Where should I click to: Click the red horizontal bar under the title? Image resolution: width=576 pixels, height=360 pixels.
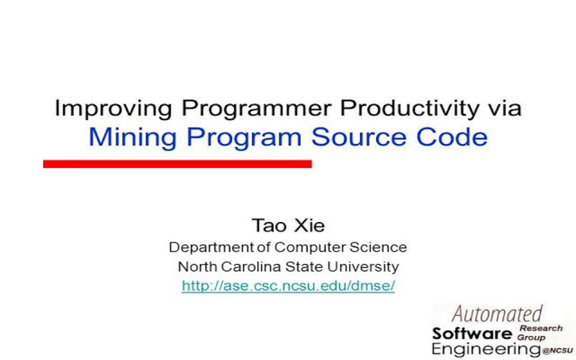click(177, 164)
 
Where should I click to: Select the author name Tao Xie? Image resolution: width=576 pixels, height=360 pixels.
click(288, 225)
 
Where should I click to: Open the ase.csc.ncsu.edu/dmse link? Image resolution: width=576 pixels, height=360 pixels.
click(288, 286)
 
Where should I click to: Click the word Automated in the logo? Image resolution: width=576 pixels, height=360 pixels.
click(497, 314)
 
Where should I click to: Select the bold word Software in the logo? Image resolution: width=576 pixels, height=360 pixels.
click(472, 333)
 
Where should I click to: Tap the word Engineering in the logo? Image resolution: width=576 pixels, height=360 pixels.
click(486, 349)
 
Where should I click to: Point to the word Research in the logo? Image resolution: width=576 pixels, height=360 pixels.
click(541, 328)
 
